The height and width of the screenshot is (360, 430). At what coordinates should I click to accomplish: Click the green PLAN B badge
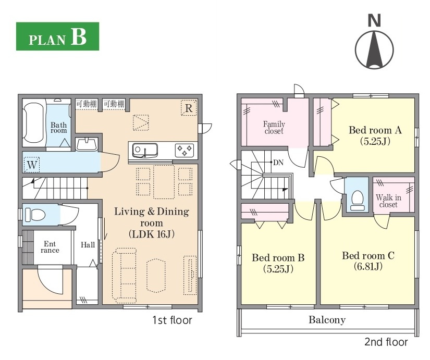(x=57, y=36)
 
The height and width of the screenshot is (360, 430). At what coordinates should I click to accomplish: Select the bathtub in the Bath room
(x=34, y=122)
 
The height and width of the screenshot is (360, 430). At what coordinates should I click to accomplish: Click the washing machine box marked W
(x=32, y=165)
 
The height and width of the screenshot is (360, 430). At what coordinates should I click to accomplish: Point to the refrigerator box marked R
(x=189, y=108)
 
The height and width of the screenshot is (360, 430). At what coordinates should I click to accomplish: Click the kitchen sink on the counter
(x=145, y=151)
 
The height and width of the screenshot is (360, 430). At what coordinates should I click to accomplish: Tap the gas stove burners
(x=185, y=150)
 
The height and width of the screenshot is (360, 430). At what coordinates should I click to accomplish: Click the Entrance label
(x=50, y=247)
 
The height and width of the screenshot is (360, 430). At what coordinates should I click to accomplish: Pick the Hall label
(x=88, y=244)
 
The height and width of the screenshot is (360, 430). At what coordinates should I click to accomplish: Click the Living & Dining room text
(x=152, y=217)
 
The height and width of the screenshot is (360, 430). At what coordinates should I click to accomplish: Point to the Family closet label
(x=274, y=128)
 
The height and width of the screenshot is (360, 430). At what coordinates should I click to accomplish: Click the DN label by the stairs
(x=278, y=163)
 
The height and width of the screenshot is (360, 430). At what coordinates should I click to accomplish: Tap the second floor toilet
(x=358, y=200)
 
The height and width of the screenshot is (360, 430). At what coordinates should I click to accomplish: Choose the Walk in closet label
(x=388, y=201)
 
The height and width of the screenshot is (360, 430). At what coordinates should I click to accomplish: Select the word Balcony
(x=327, y=320)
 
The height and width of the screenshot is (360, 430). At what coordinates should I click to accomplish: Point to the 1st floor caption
(x=172, y=320)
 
